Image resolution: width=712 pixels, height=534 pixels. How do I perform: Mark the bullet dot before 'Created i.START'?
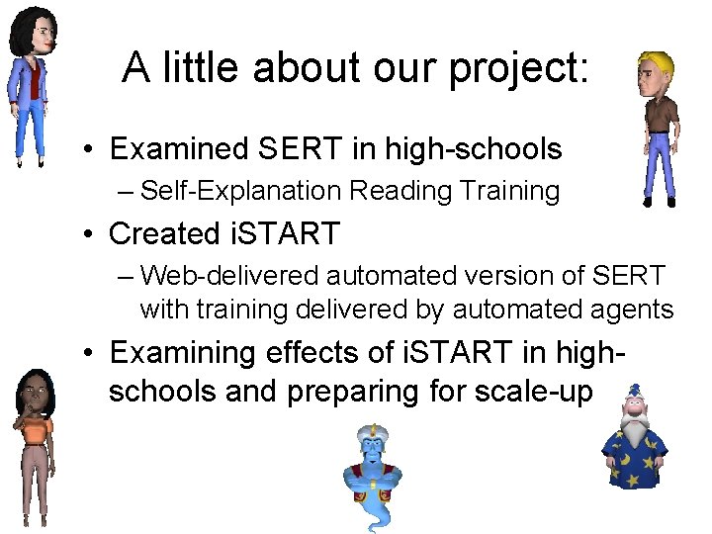[89, 234]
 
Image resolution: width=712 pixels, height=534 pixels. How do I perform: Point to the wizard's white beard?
[633, 435]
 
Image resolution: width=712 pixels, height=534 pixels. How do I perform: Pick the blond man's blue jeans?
[658, 163]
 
